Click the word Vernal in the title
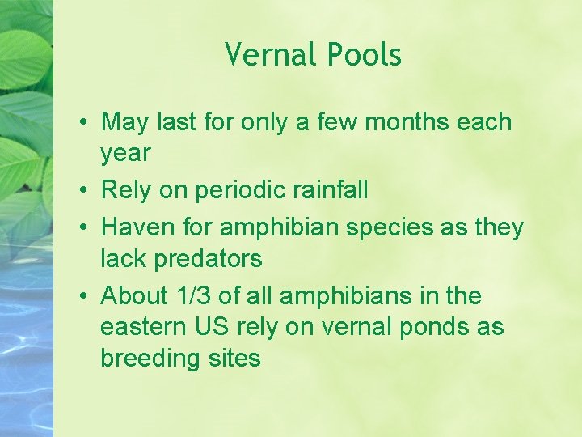click(x=272, y=55)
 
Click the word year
click(x=125, y=153)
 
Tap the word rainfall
click(x=335, y=190)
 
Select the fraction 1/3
click(x=200, y=296)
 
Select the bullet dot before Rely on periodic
click(x=84, y=191)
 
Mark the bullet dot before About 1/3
click(x=84, y=297)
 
